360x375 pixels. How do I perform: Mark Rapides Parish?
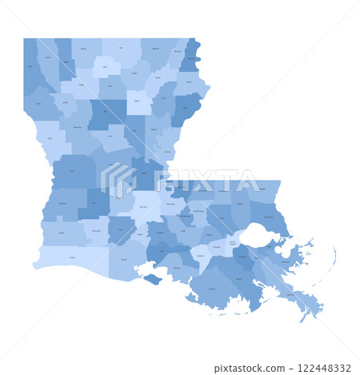pyautogui.click(x=112, y=172)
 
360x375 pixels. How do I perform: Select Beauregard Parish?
pyautogui.click(x=60, y=208)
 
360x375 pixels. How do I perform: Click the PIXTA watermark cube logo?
pyautogui.click(x=118, y=179)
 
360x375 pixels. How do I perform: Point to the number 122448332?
pyautogui.click(x=324, y=368)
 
